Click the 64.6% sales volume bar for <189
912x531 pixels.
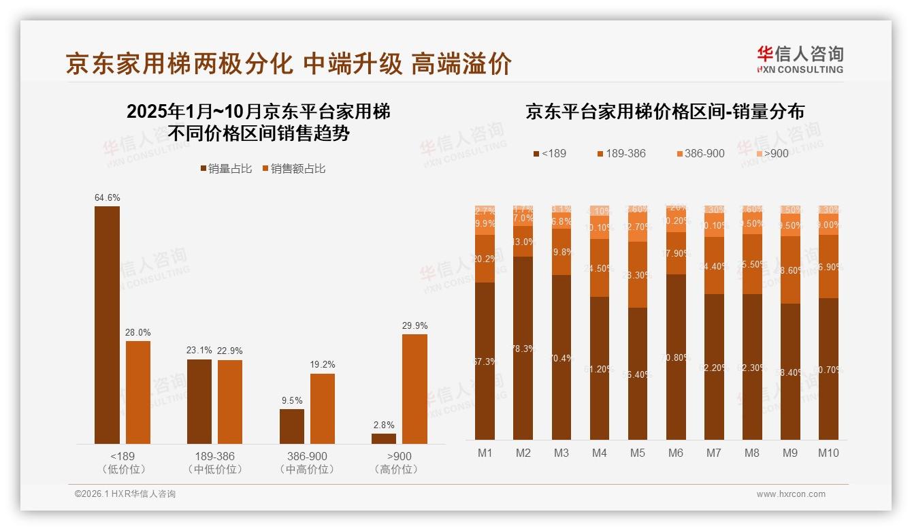(x=107, y=325)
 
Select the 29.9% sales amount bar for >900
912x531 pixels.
(x=414, y=389)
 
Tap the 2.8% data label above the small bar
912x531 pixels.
(x=383, y=425)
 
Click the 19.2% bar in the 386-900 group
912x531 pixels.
(x=322, y=408)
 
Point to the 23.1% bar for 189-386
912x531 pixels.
(x=199, y=402)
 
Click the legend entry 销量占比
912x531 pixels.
(x=226, y=169)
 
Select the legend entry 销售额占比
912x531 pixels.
(x=293, y=169)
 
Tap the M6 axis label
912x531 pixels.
(x=675, y=453)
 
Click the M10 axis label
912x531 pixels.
(x=828, y=453)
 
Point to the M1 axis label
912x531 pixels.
(x=485, y=453)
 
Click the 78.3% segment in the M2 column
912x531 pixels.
(x=523, y=348)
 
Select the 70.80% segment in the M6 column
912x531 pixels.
(x=675, y=357)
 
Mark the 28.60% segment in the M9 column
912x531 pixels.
(x=790, y=270)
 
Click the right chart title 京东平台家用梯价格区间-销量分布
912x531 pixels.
(x=664, y=112)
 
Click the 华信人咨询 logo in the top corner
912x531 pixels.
(x=800, y=59)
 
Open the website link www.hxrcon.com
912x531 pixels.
(x=791, y=494)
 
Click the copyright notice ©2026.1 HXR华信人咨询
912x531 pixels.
(x=125, y=494)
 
